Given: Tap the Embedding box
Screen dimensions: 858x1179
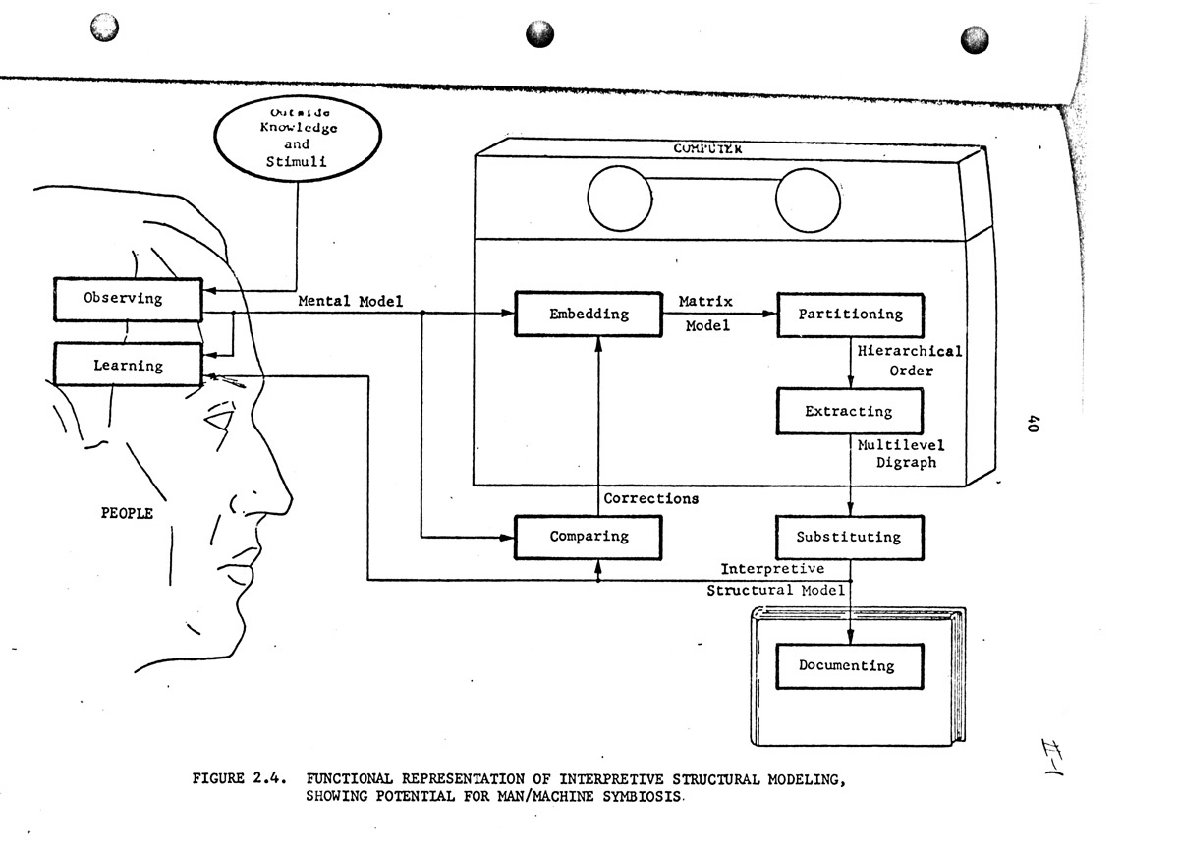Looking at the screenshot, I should click(x=589, y=315).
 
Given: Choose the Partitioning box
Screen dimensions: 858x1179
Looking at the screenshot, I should click(x=850, y=315).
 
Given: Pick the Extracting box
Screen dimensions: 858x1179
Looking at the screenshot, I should click(x=850, y=411).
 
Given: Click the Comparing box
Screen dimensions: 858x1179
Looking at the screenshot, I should click(x=589, y=537).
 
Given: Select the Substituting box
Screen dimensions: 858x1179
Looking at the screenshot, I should click(x=850, y=537).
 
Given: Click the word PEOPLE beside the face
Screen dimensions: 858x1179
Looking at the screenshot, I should click(x=128, y=512).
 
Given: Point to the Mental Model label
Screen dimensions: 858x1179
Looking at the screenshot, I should click(x=351, y=301).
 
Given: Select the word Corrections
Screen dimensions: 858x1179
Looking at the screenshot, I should click(x=651, y=498).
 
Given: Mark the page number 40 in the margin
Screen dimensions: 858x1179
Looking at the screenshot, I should click(x=1034, y=424).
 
